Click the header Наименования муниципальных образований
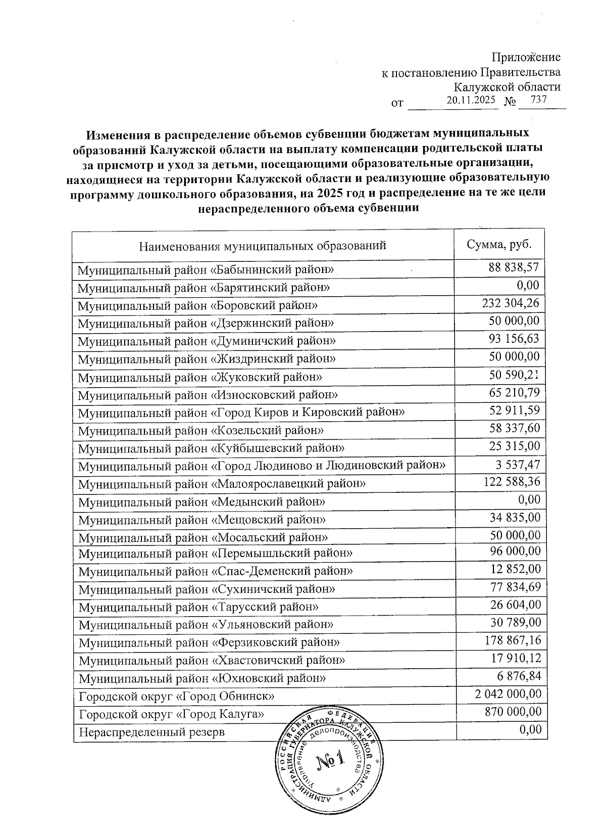click(x=263, y=246)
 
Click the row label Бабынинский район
click(x=207, y=270)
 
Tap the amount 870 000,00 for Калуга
click(x=512, y=712)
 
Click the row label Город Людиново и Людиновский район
click(x=262, y=466)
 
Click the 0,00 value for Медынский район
click(x=528, y=499)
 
